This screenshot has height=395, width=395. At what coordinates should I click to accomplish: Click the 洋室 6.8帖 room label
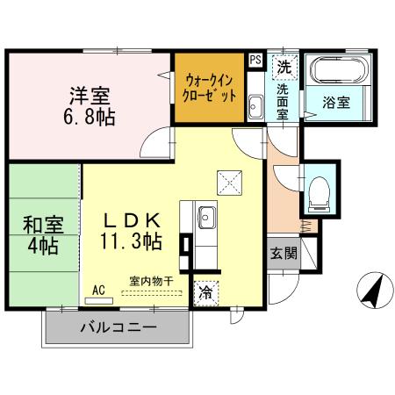click(91, 104)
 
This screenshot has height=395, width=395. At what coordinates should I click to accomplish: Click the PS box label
click(255, 60)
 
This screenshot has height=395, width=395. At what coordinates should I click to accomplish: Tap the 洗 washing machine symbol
click(284, 67)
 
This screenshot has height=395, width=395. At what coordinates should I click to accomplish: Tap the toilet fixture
click(320, 189)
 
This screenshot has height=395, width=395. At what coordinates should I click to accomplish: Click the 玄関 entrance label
click(284, 255)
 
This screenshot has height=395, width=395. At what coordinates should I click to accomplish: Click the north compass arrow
click(373, 291)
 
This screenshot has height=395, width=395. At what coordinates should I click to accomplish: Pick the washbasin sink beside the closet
click(255, 108)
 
